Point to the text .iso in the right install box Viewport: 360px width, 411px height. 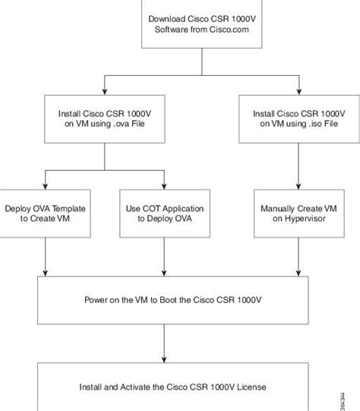315,124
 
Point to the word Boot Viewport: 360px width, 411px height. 169,299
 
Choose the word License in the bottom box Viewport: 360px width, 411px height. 251,387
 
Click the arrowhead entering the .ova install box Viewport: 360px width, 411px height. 105,91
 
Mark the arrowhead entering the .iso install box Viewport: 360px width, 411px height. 299,91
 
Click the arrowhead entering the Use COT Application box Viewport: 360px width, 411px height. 164,186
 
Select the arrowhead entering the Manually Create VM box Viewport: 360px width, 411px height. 298,186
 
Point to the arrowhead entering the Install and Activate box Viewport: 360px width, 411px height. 164,359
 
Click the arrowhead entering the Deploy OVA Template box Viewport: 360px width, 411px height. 45,186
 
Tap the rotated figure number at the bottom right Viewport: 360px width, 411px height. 343,402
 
